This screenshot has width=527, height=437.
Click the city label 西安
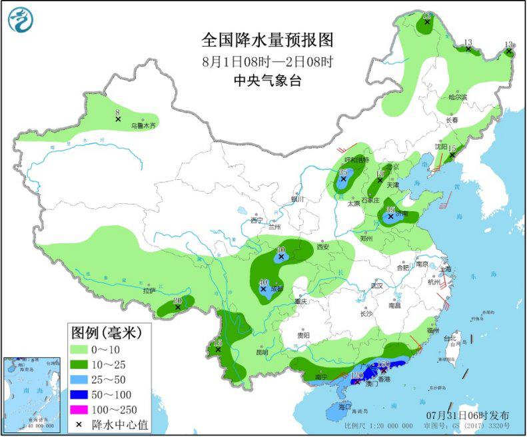pos(323,246)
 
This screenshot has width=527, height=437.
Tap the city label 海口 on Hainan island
pos(344,406)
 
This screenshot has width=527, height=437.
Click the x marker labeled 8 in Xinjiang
pos(118,119)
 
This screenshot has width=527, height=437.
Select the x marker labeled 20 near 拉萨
pos(177,307)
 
